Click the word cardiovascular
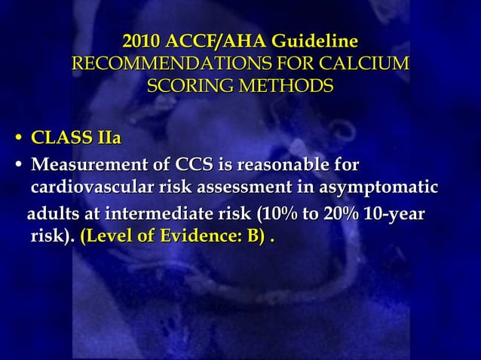pyautogui.click(x=87, y=188)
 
